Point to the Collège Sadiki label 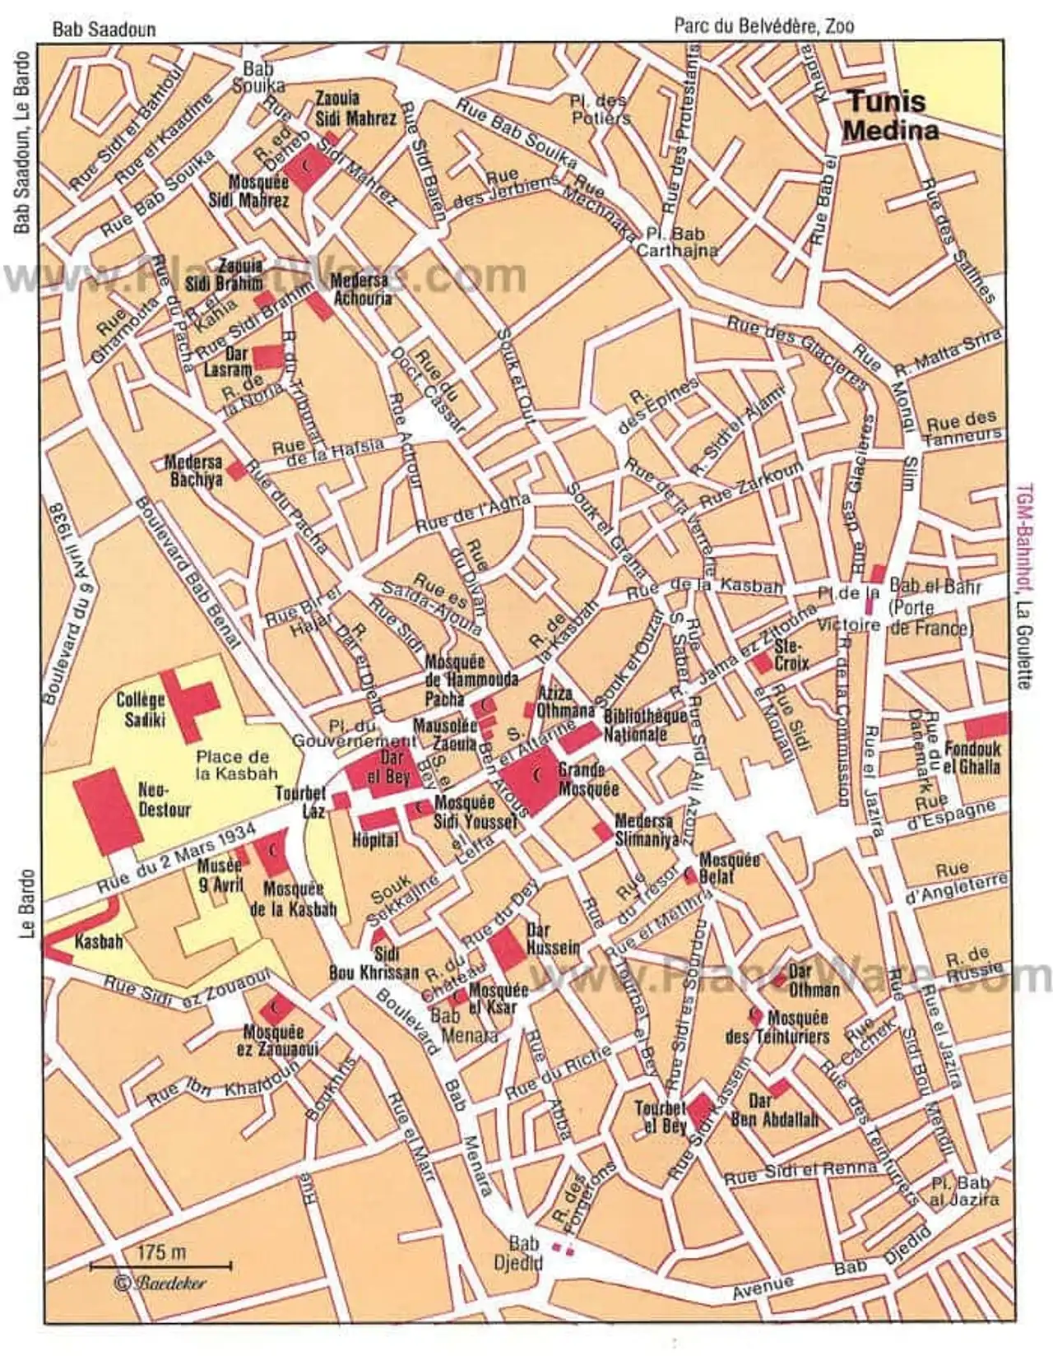141,709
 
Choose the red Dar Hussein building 508,949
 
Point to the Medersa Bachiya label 194,470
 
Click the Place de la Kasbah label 232,764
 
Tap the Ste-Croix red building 763,662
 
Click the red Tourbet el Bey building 700,1112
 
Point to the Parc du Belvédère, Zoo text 763,26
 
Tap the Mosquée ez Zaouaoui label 275,1040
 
